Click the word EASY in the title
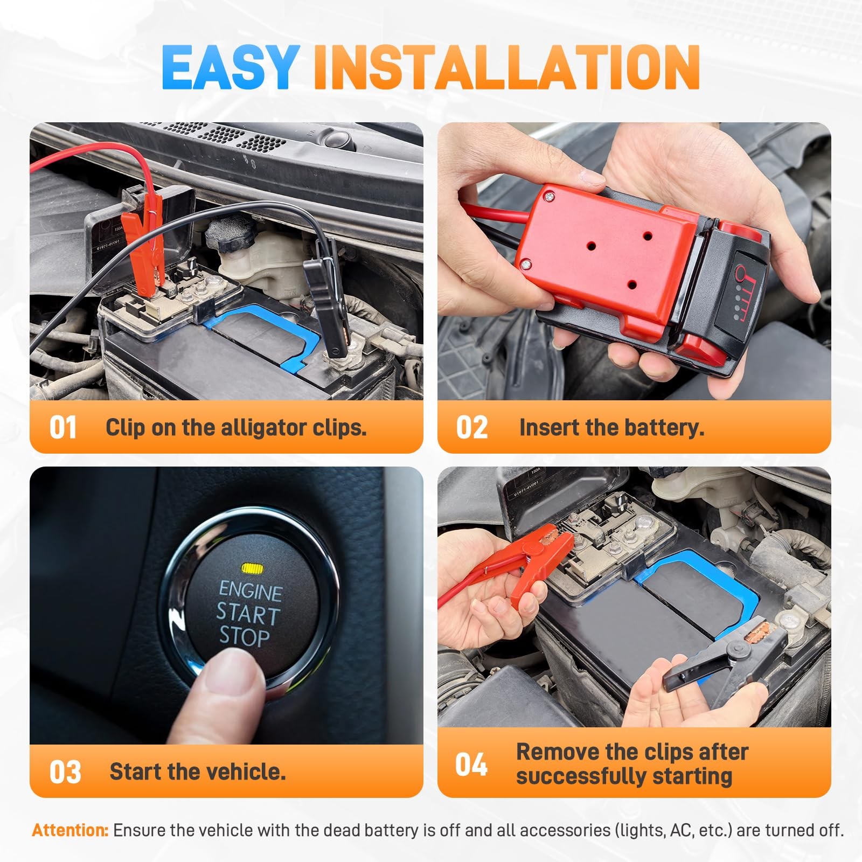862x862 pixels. point(231,67)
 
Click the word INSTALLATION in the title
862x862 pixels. point(507,67)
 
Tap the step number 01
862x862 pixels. point(63,428)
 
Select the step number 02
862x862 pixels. point(472,428)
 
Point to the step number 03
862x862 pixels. point(65,772)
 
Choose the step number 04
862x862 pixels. point(471,764)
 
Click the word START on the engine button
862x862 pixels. point(248,614)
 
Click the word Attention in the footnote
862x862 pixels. point(71,830)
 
